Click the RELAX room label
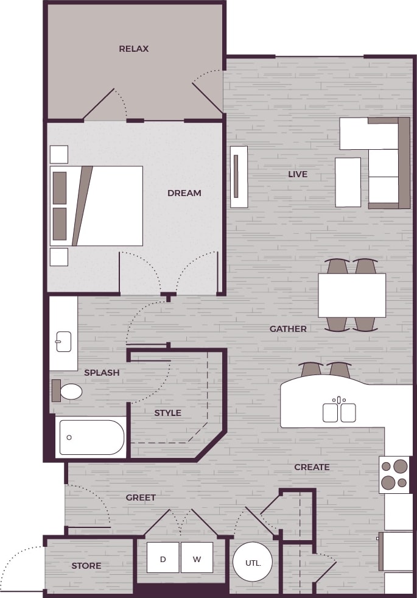[134, 49]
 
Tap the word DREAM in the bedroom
[184, 193]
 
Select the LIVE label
[298, 174]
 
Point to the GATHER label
[288, 329]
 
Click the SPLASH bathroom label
[102, 373]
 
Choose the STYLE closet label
[167, 413]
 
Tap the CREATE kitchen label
[312, 467]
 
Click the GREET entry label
[141, 498]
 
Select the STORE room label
[86, 566]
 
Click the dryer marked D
[163, 558]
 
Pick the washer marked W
[197, 558]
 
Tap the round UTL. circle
[253, 563]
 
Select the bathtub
[91, 437]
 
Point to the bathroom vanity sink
[63, 342]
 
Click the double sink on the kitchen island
[339, 412]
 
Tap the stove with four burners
[394, 475]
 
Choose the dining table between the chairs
[352, 295]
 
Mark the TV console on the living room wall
[239, 177]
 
